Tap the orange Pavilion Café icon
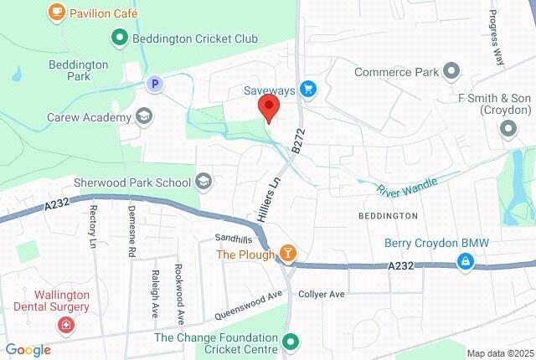click(56, 13)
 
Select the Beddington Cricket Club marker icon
click(119, 38)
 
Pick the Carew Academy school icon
click(144, 116)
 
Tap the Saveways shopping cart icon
click(308, 88)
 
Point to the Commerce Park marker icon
click(452, 72)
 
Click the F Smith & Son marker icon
click(508, 129)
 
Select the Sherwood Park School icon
click(203, 181)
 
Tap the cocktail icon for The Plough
click(287, 253)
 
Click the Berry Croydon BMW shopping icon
click(464, 263)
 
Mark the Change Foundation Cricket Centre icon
click(291, 341)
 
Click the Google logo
click(28, 350)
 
